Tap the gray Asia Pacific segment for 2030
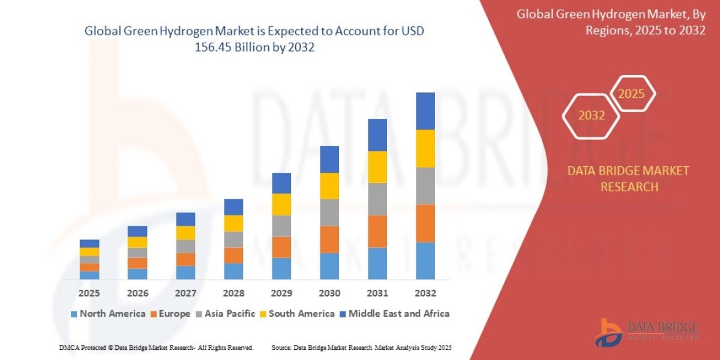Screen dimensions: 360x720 [x=329, y=212]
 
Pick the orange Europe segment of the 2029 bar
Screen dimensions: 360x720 [x=281, y=247]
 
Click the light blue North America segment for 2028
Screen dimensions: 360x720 [x=233, y=271]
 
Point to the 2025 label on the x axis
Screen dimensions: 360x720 [x=89, y=293]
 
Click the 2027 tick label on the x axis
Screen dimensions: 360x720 [x=185, y=293]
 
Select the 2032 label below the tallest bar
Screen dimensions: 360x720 [x=425, y=293]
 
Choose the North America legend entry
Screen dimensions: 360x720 [x=108, y=313]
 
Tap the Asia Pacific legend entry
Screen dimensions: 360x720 [x=225, y=313]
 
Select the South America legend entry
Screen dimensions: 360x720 [x=296, y=313]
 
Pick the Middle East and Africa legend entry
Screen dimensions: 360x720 [x=394, y=313]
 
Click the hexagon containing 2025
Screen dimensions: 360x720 [x=631, y=94]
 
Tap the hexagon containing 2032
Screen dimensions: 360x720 [x=592, y=116]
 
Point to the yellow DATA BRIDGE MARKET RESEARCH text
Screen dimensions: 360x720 [x=628, y=179]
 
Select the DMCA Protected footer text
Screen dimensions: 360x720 [x=156, y=347]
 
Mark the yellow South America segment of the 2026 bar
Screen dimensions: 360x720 [x=137, y=242]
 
